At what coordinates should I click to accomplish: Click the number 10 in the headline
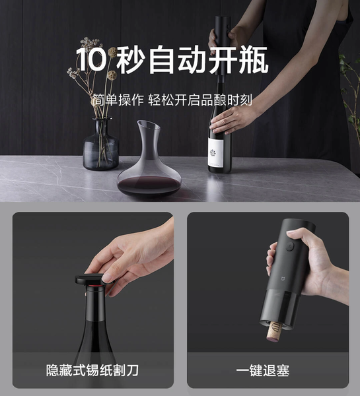90,59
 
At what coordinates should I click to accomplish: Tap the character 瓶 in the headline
254,59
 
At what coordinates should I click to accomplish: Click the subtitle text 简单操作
118,100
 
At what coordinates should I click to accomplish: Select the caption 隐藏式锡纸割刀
92,370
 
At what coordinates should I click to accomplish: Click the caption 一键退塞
263,370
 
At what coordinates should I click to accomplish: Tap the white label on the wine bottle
215,152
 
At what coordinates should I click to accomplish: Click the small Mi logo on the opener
283,279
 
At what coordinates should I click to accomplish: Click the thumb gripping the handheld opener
297,236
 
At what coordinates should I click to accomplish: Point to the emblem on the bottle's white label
213,152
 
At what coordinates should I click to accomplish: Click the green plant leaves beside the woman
351,91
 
